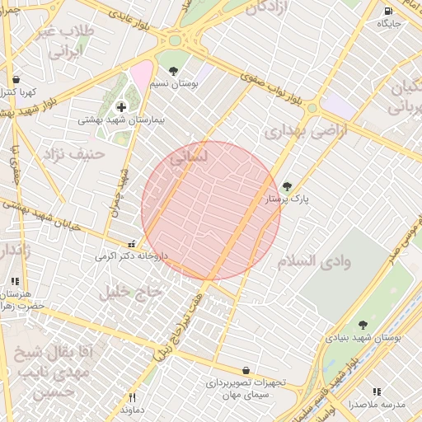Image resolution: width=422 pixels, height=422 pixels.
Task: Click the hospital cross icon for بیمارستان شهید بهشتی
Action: pos(122,106)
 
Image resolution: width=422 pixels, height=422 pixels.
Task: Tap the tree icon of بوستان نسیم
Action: pos(173,71)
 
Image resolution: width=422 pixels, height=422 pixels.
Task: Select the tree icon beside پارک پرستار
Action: pos(287,187)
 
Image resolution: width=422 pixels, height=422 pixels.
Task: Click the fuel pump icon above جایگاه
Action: pos(388,11)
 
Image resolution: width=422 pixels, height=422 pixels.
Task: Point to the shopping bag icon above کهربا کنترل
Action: pos(16,79)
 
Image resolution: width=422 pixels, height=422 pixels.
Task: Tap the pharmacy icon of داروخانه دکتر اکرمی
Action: pos(132,244)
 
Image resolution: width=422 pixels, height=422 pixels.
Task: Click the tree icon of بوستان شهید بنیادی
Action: pos(363,325)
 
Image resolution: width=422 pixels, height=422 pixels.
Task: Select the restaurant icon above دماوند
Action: pos(132,397)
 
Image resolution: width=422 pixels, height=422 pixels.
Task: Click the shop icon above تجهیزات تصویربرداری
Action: pos(246,371)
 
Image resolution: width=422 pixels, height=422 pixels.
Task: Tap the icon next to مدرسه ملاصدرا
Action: pos(377,392)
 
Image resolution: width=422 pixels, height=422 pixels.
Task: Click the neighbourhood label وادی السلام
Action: pos(313,260)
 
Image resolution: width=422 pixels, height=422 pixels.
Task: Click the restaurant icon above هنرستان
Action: pos(15,281)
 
